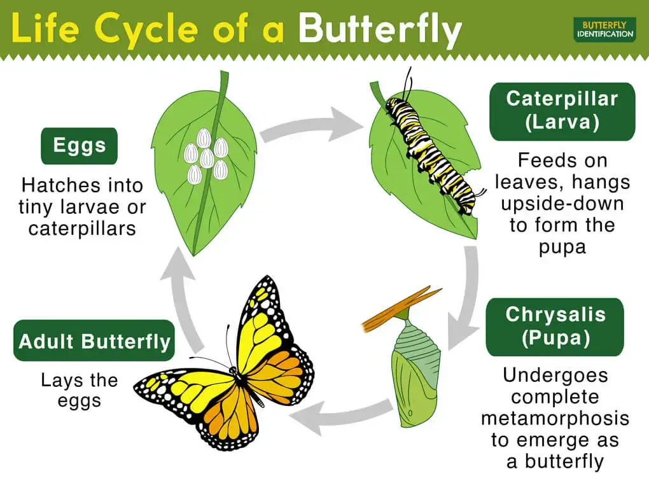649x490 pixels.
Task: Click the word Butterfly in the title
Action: click(380, 29)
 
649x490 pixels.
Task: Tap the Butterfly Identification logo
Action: click(604, 29)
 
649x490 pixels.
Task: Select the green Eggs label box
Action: click(80, 146)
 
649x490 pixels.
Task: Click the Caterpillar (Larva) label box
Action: click(562, 111)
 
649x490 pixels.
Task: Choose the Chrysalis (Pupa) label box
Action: click(555, 326)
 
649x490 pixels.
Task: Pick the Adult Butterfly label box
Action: click(94, 341)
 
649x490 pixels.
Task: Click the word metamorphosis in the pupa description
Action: click(555, 418)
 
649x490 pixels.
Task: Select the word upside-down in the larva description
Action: click(562, 204)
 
